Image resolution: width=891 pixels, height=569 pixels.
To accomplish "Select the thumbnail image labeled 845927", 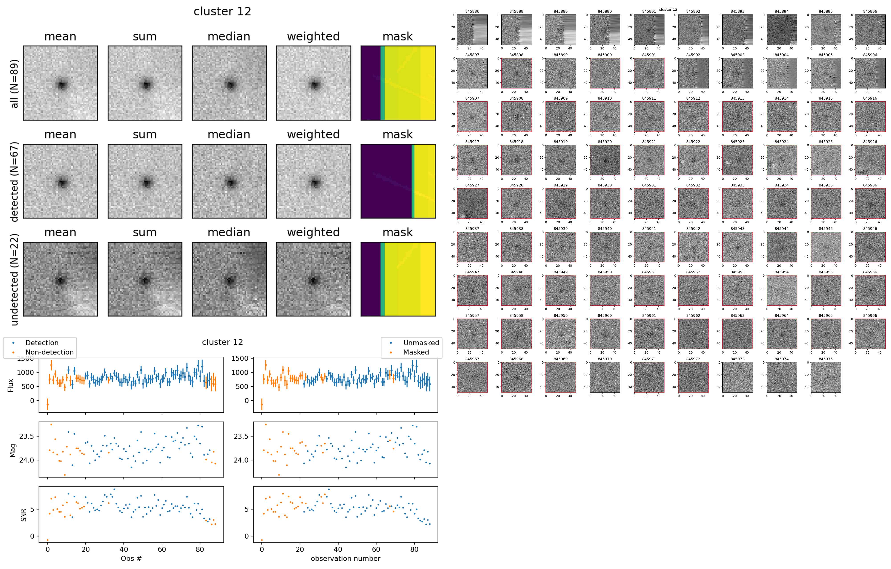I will pyautogui.click(x=472, y=203).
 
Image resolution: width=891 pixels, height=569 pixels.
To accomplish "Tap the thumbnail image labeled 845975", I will pyautogui.click(x=826, y=377).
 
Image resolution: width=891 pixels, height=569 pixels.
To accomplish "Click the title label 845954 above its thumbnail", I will pyautogui.click(x=781, y=272).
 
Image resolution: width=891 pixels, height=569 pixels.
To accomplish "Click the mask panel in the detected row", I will pyautogui.click(x=398, y=181).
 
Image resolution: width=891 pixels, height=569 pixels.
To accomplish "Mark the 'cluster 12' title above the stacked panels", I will pyautogui.click(x=222, y=11).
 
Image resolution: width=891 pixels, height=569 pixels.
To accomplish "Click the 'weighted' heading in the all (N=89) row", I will pyautogui.click(x=313, y=36).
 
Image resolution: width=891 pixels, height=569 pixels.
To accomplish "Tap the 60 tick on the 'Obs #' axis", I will pyautogui.click(x=162, y=549).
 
